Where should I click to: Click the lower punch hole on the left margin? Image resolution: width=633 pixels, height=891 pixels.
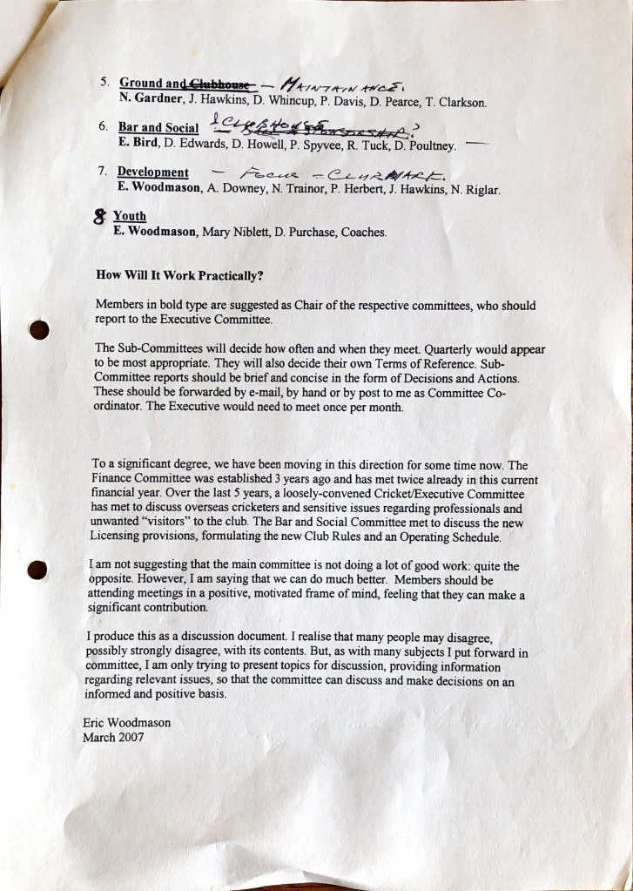coord(37,570)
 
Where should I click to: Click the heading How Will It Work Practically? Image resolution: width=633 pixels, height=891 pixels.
coord(180,276)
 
